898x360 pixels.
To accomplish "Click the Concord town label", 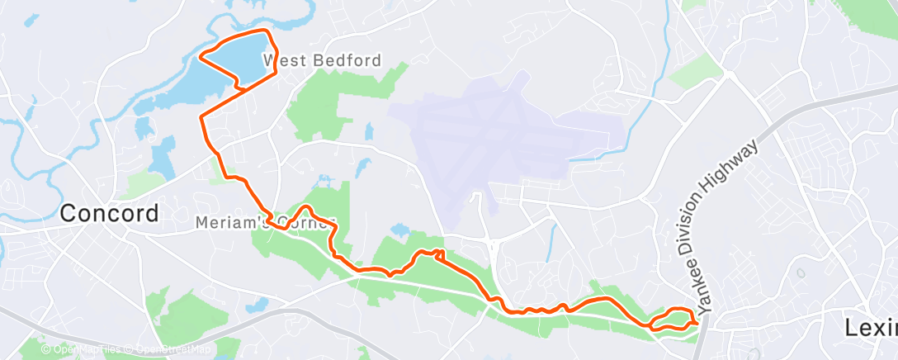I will (110, 214).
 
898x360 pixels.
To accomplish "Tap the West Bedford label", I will (322, 60).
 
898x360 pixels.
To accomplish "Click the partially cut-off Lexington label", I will (871, 328).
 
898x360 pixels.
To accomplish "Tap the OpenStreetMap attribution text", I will (169, 349).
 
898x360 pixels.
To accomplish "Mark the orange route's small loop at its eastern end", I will (673, 319).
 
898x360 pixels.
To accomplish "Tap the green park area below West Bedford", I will (318, 107).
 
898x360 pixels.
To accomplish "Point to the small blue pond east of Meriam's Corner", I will (400, 230).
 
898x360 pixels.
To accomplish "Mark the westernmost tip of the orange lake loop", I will (201, 57).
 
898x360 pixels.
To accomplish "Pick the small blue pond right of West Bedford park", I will (369, 131).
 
